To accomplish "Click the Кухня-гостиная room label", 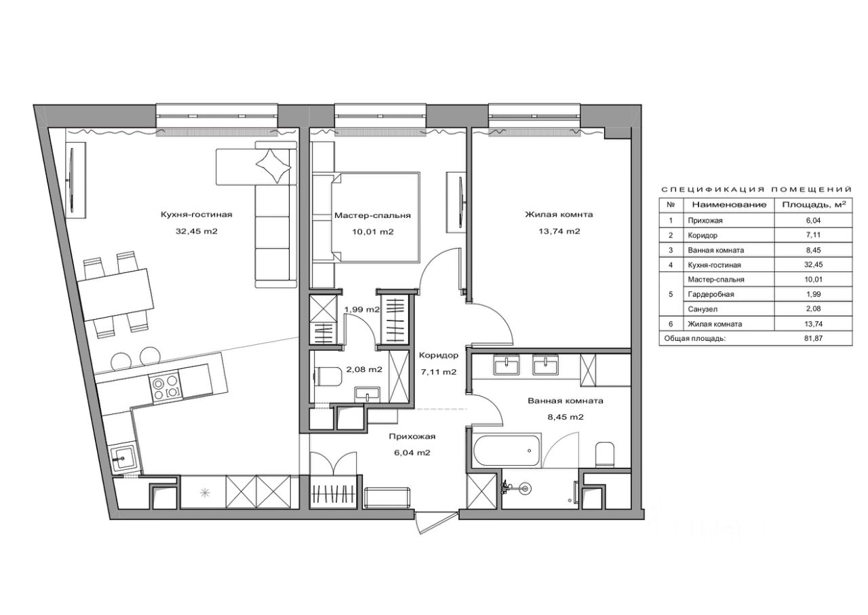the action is tap(197, 215).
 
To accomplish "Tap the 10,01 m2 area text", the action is tap(373, 232).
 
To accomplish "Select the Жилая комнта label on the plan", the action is tap(559, 215).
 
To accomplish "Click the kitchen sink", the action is tap(123, 458).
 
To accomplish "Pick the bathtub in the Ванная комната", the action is tap(507, 450).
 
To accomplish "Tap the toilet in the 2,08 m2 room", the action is tap(328, 376).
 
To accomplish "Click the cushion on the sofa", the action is tap(273, 166).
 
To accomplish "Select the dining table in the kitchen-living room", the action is tap(115, 295).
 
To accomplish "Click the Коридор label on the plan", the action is tap(439, 355).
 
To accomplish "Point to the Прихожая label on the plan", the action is tap(412, 436).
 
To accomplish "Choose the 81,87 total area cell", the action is tap(813, 339).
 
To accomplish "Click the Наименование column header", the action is tap(729, 205).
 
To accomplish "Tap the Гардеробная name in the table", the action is tap(711, 295).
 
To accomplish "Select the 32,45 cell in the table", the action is tap(813, 265).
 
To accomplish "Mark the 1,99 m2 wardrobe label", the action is tap(362, 310).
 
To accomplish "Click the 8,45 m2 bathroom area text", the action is tap(566, 417).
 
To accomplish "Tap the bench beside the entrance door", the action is tap(387, 498).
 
